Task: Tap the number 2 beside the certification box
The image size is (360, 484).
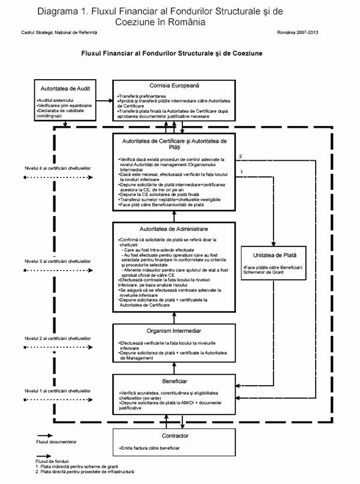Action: (x=240, y=157)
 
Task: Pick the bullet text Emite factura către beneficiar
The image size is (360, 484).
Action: (x=149, y=448)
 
